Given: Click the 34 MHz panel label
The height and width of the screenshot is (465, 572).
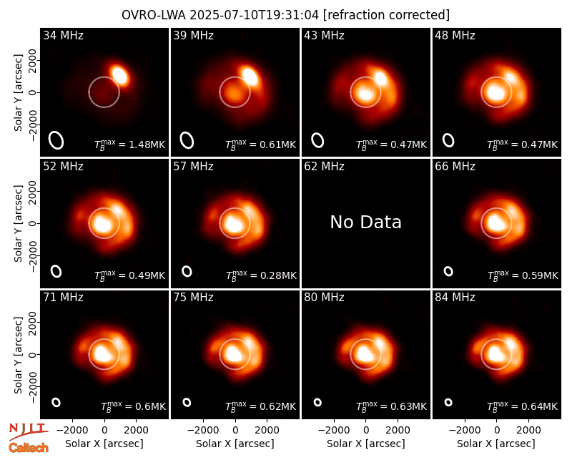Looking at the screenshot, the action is (x=63, y=35).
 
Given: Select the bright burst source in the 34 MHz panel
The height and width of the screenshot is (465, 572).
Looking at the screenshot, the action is (x=119, y=75).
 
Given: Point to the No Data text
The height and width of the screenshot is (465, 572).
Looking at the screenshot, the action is (x=365, y=222).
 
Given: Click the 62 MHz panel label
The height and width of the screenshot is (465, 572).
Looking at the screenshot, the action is (x=324, y=167).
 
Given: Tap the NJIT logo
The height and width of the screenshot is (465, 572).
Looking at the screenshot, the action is (x=28, y=431).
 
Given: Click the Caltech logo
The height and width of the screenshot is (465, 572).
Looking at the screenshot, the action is (x=29, y=448).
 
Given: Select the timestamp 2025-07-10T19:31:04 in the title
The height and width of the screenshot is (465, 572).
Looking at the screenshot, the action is (x=255, y=15).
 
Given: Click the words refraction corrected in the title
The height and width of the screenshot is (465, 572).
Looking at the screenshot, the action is (x=386, y=15).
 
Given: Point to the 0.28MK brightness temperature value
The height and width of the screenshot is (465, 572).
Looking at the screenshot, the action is (x=278, y=275).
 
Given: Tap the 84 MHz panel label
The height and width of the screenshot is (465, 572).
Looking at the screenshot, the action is (x=455, y=298).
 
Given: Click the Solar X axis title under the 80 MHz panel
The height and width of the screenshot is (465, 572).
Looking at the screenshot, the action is (x=365, y=444).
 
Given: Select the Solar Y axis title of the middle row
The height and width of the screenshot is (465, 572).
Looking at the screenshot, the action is (x=18, y=223).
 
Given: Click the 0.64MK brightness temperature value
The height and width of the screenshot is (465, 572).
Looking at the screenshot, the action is (x=540, y=406).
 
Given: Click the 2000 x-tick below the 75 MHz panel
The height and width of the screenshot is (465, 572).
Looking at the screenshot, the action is (x=267, y=431).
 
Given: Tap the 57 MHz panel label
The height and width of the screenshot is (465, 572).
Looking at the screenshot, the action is (x=193, y=167).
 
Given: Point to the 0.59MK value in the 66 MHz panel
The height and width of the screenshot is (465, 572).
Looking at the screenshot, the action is (x=541, y=275).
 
